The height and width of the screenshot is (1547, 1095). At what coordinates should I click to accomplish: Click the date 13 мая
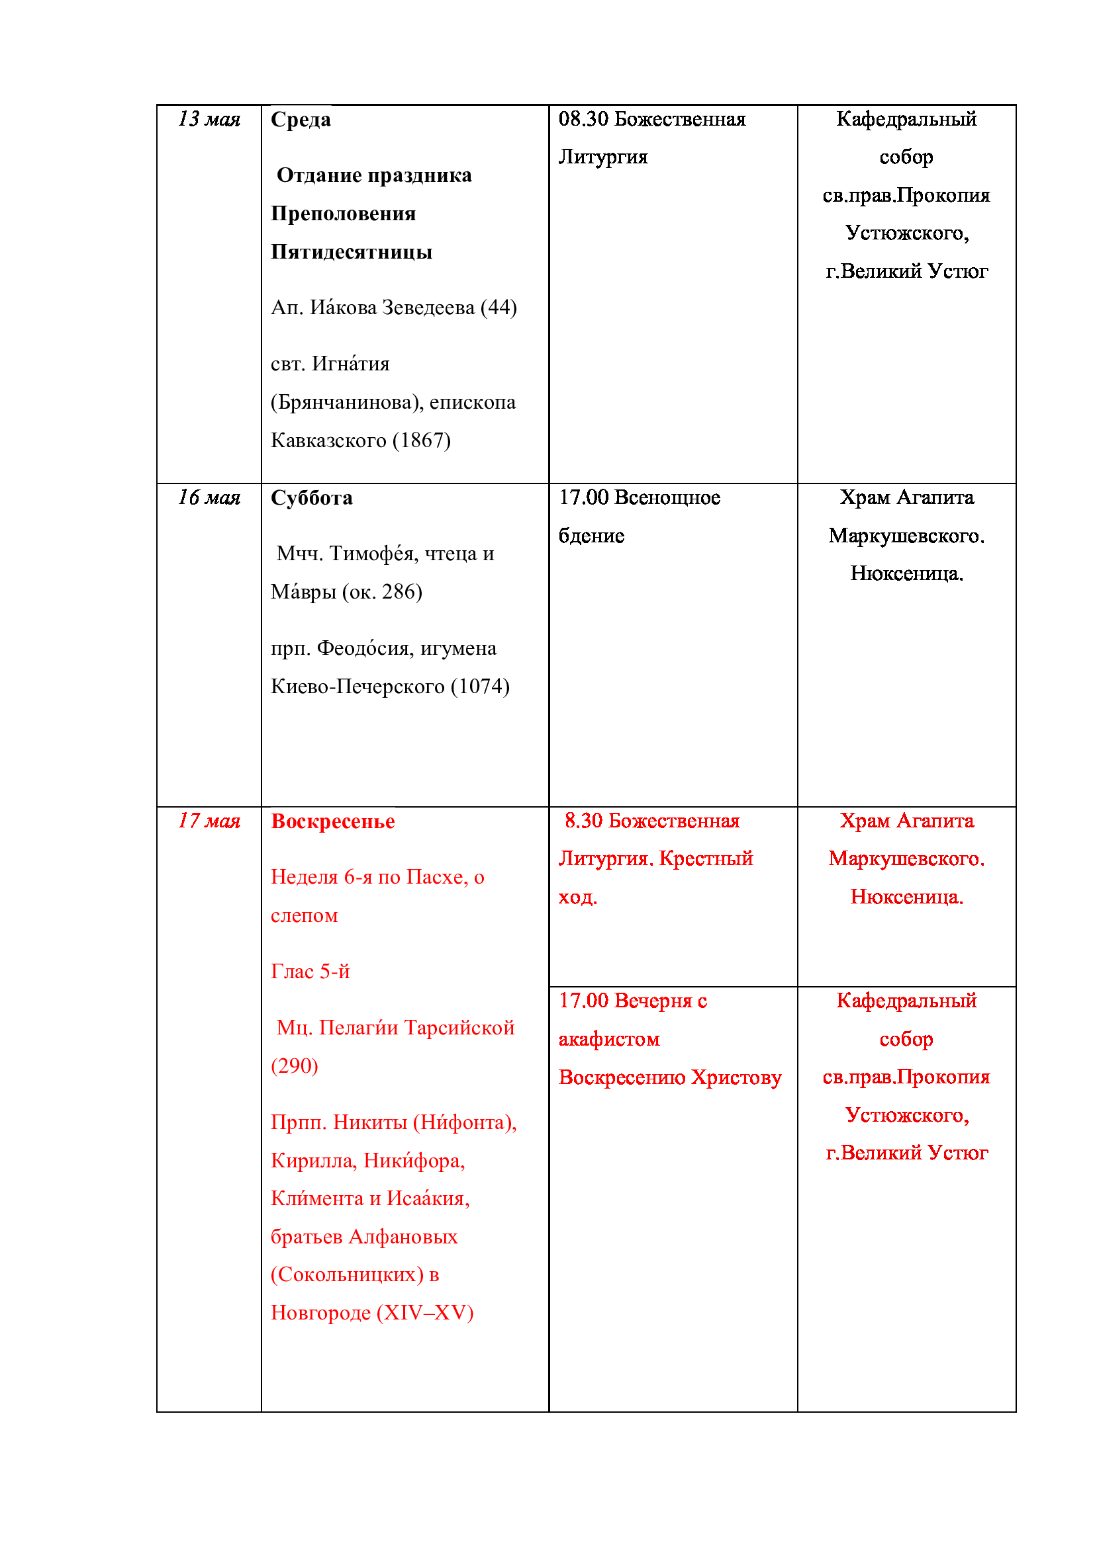[209, 119]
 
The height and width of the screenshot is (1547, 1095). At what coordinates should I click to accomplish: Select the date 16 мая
[209, 498]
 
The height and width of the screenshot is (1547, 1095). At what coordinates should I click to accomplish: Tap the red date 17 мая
[209, 821]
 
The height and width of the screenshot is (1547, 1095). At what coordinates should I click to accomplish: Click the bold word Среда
[301, 120]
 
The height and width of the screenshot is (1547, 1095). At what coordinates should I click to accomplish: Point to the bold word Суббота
[312, 499]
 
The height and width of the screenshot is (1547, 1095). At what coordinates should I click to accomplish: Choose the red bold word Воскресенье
[332, 822]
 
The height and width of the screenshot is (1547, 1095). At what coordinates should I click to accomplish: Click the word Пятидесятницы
[352, 253]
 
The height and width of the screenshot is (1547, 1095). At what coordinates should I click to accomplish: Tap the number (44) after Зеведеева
[499, 308]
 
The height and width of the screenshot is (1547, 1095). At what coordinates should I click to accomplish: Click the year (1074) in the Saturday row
[479, 687]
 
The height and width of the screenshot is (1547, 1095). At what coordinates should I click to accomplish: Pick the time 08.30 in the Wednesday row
[583, 119]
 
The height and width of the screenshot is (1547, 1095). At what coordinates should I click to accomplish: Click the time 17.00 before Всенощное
[583, 498]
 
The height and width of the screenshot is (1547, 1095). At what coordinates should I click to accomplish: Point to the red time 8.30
[583, 821]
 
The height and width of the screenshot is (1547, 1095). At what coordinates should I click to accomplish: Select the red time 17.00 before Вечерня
[583, 1001]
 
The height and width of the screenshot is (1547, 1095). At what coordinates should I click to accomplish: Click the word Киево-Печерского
[357, 687]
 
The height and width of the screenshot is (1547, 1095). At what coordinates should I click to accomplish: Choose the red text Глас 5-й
[310, 972]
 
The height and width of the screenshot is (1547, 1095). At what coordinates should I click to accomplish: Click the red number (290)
[294, 1066]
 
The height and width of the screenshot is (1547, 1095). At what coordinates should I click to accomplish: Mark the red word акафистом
[609, 1040]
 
